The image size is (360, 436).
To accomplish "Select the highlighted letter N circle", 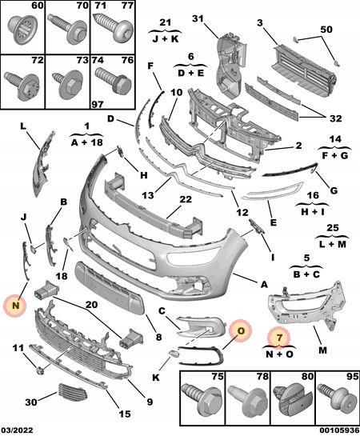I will pyautogui.click(x=14, y=304).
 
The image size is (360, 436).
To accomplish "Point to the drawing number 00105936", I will pyautogui.click(x=335, y=430).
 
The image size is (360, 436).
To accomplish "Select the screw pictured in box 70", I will pyautogui.click(x=64, y=31).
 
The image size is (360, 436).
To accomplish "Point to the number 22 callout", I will pyautogui.click(x=185, y=200).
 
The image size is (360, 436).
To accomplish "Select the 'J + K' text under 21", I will pyautogui.click(x=165, y=37).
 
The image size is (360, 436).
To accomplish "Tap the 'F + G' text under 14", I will pyautogui.click(x=334, y=155).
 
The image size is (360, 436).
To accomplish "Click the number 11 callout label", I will pyautogui.click(x=17, y=347).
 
